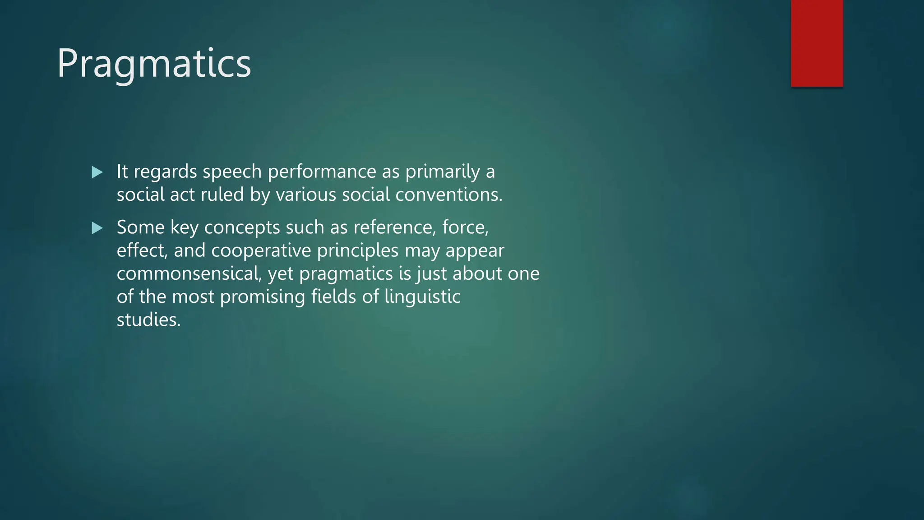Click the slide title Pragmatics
coord(154,64)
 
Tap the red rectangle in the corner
coord(817,43)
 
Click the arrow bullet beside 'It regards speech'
coord(97,172)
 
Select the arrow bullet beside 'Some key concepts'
coord(97,228)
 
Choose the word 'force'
coord(465,227)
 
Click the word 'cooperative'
coord(261,251)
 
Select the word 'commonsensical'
coord(189,274)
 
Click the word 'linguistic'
coord(422,297)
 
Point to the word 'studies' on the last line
coord(148,320)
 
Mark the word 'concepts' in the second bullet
coord(242,228)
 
